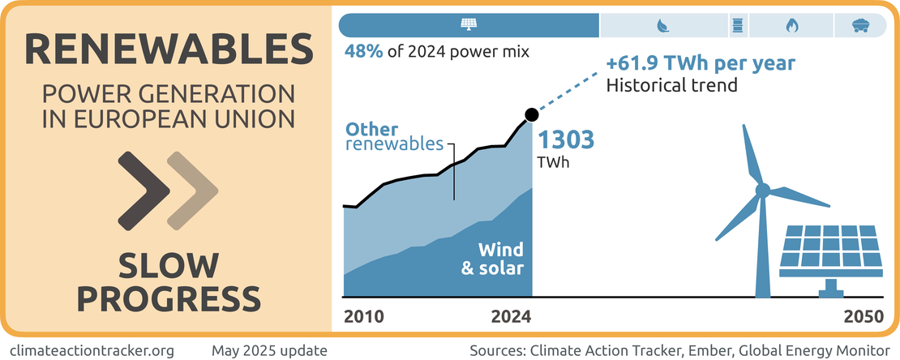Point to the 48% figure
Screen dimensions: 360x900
tap(362, 53)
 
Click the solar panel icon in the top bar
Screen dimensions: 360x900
tap(469, 25)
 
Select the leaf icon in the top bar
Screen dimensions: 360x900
tap(662, 25)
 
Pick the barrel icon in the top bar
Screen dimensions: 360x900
tap(737, 25)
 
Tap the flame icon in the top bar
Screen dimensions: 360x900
tap(791, 25)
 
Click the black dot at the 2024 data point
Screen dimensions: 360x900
tap(531, 114)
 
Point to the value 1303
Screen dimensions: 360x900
tap(567, 139)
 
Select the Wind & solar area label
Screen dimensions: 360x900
tap(492, 258)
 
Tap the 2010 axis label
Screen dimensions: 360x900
tap(364, 316)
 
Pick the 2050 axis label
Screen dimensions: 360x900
tap(863, 316)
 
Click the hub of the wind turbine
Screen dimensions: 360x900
tap(762, 191)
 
